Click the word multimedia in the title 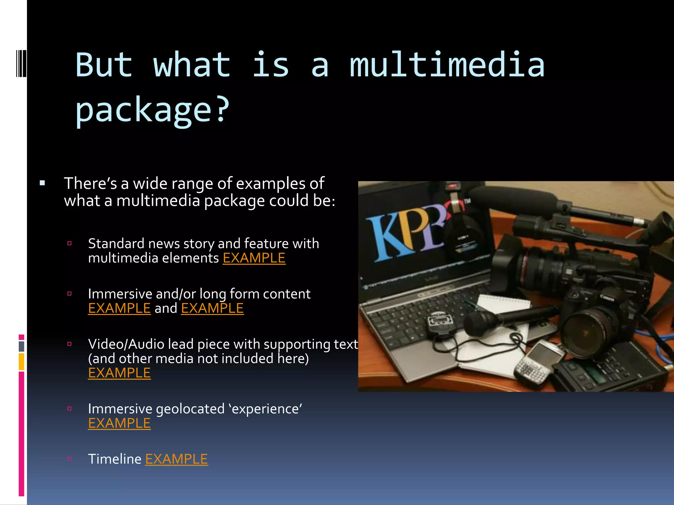447,65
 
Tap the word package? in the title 152,109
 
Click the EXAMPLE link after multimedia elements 254,258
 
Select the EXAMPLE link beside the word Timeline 176,459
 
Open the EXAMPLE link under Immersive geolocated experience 119,423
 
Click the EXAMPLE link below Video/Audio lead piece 119,373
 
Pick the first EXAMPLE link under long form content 119,308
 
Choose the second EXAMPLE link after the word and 212,308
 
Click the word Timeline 115,459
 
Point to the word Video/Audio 127,344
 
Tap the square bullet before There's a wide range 42,183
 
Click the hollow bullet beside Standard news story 69,244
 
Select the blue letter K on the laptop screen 385,237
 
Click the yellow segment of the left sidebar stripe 21,361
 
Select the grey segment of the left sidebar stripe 21,346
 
